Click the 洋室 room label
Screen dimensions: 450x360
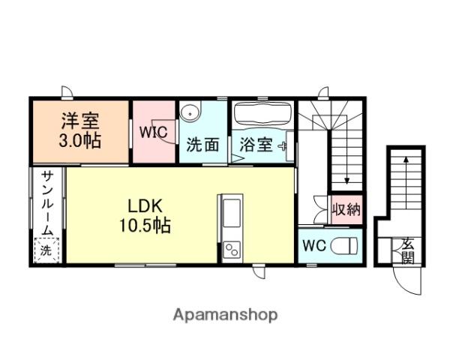pos(80,121)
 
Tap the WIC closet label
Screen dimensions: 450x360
pos(154,132)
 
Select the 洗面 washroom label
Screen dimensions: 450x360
pos(203,145)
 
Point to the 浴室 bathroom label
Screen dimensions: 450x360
pos(256,145)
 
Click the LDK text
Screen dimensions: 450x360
pos(145,205)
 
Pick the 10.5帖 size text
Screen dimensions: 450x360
pos(145,225)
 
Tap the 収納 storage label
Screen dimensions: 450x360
pos(346,209)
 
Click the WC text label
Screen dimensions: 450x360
pos(314,246)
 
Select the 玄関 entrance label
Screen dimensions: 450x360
pos(408,251)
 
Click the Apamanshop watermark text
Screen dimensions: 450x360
pos(225,315)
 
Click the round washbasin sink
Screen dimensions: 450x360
pos(190,114)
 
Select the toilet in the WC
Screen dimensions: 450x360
pos(344,246)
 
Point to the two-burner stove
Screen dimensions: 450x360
pos(232,249)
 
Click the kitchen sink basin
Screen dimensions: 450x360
pos(232,213)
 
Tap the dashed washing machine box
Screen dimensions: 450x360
pos(46,250)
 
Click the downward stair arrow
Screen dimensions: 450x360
pos(347,157)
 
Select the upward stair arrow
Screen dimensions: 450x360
pos(406,182)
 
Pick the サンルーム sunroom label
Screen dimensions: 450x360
pos(47,203)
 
